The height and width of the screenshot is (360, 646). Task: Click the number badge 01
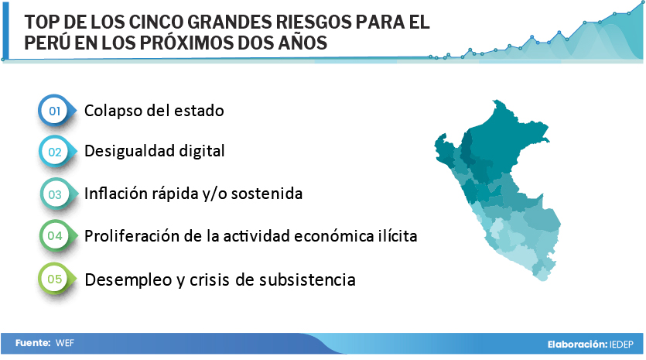click(x=55, y=111)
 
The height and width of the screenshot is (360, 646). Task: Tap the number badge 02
click(x=55, y=152)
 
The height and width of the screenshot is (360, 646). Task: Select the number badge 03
click(x=55, y=194)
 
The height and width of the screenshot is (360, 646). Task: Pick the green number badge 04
click(x=55, y=236)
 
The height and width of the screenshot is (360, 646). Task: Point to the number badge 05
click(x=55, y=279)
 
